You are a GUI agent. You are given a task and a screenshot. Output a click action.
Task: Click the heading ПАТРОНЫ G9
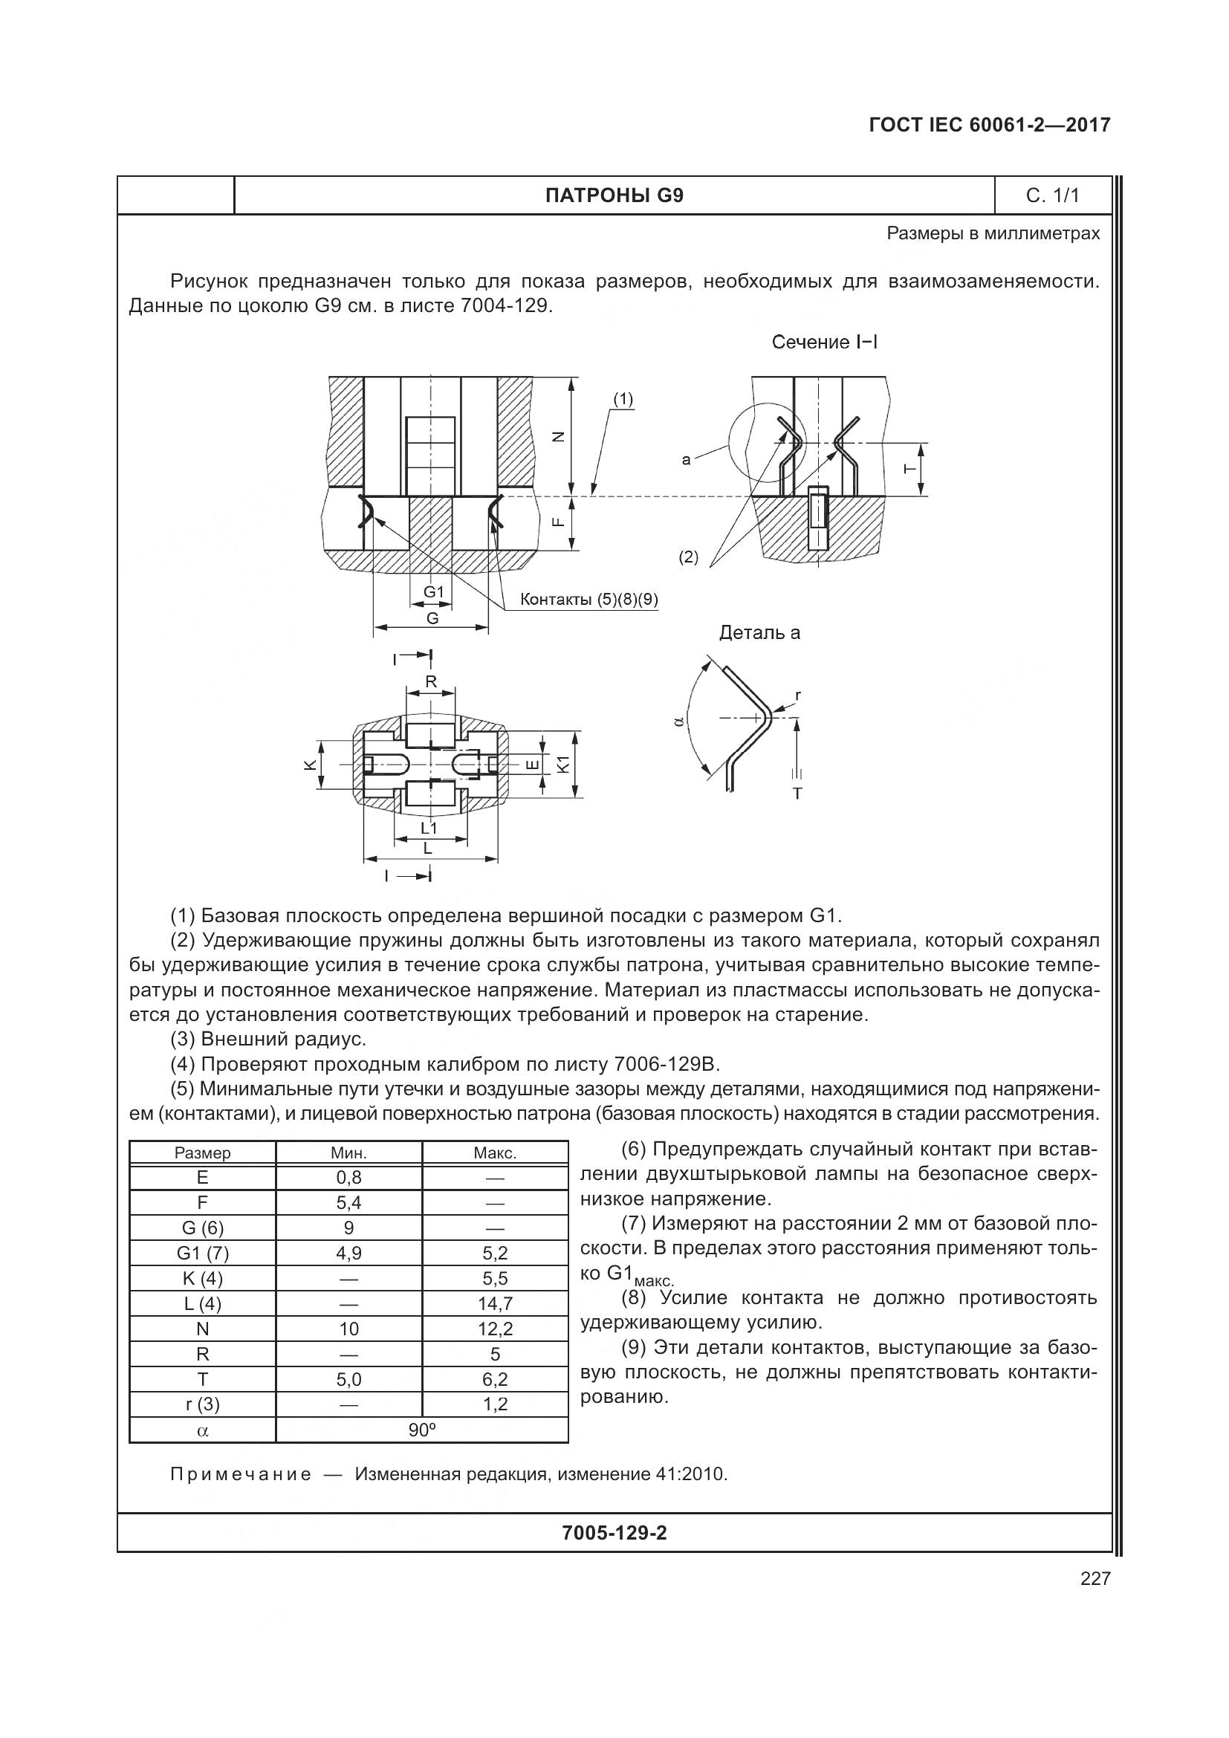pyautogui.click(x=614, y=196)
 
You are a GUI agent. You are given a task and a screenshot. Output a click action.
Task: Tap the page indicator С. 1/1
pyautogui.click(x=1052, y=196)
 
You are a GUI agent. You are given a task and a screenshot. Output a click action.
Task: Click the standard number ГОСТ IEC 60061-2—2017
pyautogui.click(x=989, y=125)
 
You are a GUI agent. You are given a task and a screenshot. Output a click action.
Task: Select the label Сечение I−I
pyautogui.click(x=824, y=342)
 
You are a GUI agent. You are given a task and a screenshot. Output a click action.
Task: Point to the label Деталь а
pyautogui.click(x=759, y=632)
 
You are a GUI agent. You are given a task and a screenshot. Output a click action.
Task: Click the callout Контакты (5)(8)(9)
pyautogui.click(x=588, y=600)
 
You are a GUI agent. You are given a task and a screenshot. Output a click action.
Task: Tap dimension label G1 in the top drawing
pyautogui.click(x=433, y=592)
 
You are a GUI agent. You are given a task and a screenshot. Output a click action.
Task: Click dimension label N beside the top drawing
pyautogui.click(x=559, y=436)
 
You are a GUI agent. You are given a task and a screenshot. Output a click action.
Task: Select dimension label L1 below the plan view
pyautogui.click(x=429, y=828)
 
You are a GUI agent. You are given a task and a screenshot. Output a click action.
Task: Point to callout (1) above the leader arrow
pyautogui.click(x=623, y=399)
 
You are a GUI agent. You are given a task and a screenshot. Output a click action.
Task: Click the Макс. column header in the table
pyautogui.click(x=495, y=1153)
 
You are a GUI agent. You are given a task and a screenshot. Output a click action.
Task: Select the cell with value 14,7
pyautogui.click(x=495, y=1303)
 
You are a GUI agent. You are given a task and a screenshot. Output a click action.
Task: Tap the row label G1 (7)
pyautogui.click(x=202, y=1253)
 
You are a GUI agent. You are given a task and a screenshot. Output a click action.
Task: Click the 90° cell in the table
pyautogui.click(x=421, y=1429)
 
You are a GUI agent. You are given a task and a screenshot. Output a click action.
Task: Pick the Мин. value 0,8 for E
pyautogui.click(x=349, y=1177)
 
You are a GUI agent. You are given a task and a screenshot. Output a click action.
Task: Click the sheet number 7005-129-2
pyautogui.click(x=614, y=1533)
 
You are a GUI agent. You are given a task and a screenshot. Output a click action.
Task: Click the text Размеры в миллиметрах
pyautogui.click(x=993, y=234)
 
